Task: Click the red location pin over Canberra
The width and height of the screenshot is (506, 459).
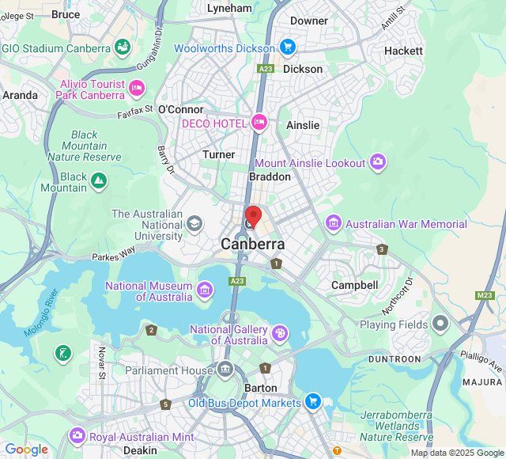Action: tap(253, 215)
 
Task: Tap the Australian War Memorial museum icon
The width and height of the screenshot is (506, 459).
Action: tap(333, 224)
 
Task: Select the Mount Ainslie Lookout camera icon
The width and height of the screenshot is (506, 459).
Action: tap(378, 162)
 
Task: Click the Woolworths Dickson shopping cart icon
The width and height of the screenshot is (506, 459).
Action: tap(287, 47)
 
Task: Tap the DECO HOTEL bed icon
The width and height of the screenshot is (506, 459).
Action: tap(259, 122)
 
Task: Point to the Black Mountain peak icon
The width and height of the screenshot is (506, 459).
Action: tap(99, 182)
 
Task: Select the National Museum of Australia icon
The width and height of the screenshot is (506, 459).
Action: tap(206, 290)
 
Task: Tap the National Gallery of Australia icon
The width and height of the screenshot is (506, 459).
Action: tap(280, 334)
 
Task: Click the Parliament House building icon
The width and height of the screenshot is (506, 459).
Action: tap(225, 370)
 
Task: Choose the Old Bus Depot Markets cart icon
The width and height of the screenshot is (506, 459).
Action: tap(313, 402)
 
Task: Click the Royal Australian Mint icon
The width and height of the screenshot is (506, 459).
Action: tap(77, 436)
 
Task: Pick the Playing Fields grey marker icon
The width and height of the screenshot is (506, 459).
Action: tap(440, 324)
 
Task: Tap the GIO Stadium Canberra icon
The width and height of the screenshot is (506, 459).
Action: tap(123, 48)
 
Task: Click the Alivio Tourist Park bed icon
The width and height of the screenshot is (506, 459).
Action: tap(137, 89)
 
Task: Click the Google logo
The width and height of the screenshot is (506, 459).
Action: tap(26, 450)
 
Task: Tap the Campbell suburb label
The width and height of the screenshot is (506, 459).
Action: tap(354, 284)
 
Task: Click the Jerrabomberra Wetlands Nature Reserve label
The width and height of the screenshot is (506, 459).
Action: tap(396, 426)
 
